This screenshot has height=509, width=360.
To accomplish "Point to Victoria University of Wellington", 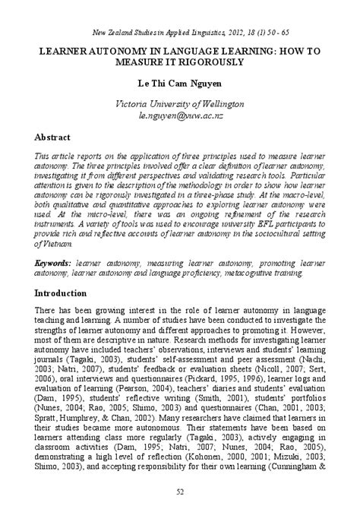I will pyautogui.click(x=179, y=103).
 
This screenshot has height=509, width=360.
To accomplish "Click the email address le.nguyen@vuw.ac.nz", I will pyautogui.click(x=179, y=115).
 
